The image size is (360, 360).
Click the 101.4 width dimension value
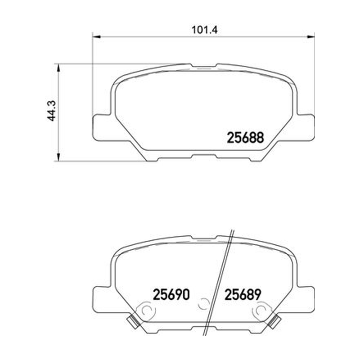click(204, 30)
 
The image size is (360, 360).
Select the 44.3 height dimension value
click(52, 111)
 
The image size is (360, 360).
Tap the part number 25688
click(245, 138)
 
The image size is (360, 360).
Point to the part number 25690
click(171, 295)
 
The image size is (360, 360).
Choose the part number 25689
click(243, 295)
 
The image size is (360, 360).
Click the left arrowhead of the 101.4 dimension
click(96, 37)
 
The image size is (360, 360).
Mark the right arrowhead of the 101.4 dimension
click(310, 37)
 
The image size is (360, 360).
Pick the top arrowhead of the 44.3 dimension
click(59, 68)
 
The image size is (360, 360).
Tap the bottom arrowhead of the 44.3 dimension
click(59, 157)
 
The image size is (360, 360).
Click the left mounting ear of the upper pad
click(101, 127)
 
